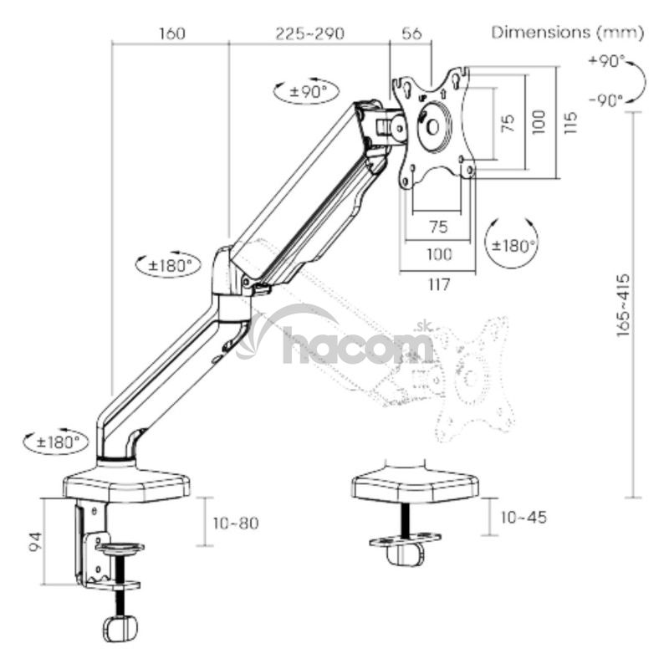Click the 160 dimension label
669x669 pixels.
tap(172, 33)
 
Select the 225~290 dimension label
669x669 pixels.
tap(309, 33)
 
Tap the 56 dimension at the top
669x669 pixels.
tap(411, 33)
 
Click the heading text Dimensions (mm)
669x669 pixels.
tap(568, 33)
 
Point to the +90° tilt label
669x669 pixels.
tap(606, 61)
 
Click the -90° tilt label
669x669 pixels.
tap(606, 100)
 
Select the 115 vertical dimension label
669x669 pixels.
tap(570, 123)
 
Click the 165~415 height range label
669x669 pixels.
tap(623, 304)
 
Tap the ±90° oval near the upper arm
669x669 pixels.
tap(306, 91)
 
